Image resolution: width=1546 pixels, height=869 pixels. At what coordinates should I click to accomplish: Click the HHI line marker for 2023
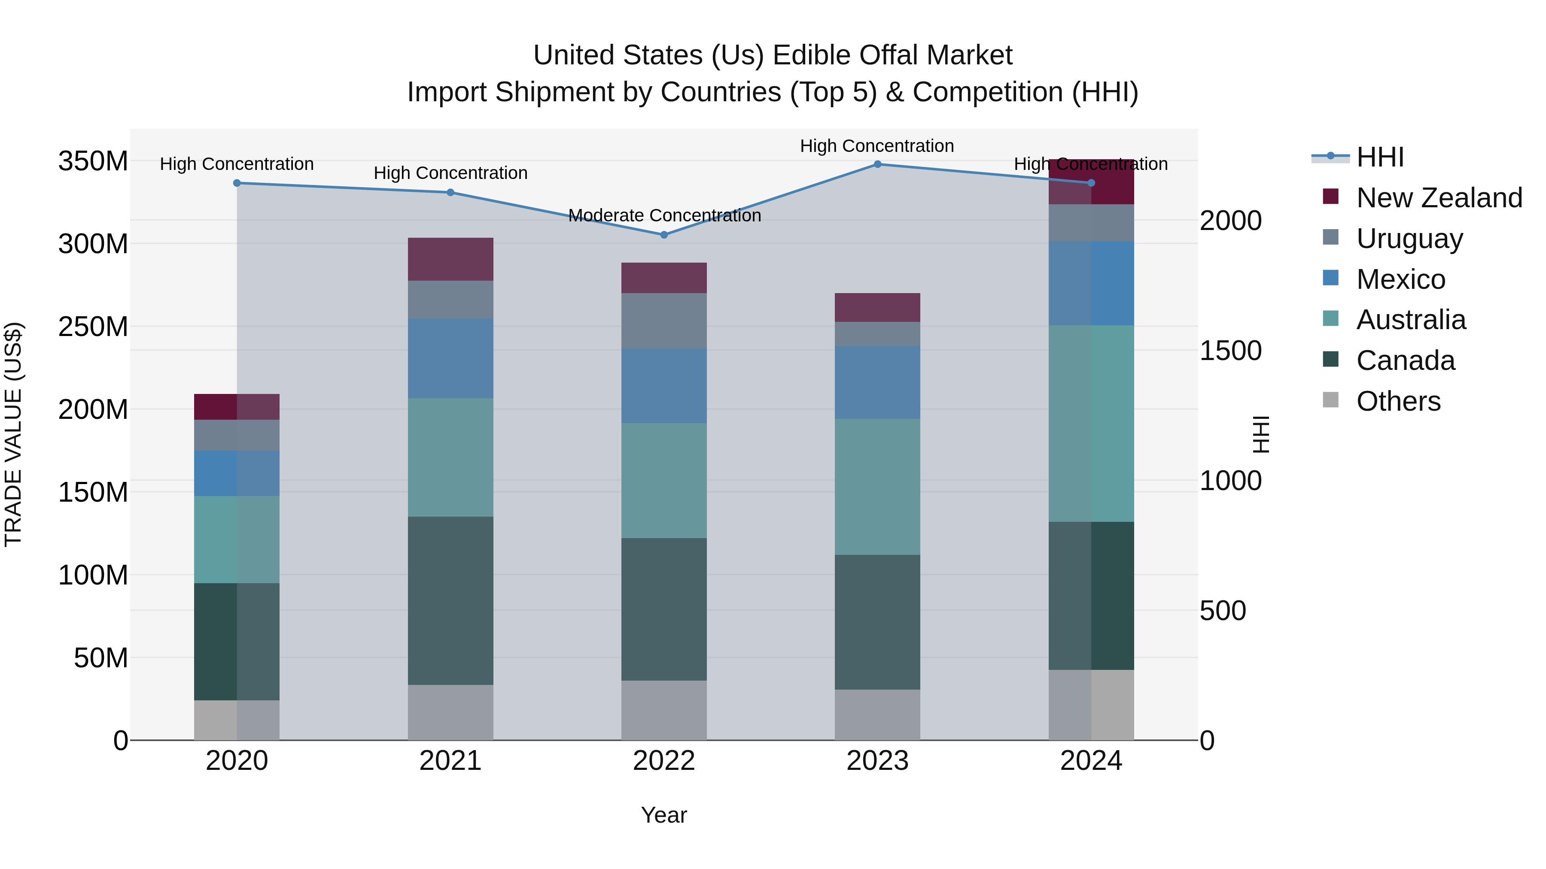pyautogui.click(x=877, y=164)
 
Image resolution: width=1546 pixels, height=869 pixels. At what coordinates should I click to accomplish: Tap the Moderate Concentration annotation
pyautogui.click(x=664, y=215)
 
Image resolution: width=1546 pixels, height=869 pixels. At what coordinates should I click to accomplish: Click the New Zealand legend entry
pyautogui.click(x=1439, y=198)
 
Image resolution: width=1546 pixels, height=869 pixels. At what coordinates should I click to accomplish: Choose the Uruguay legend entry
pyautogui.click(x=1409, y=239)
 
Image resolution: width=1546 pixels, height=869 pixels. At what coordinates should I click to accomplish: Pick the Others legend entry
pyautogui.click(x=1398, y=401)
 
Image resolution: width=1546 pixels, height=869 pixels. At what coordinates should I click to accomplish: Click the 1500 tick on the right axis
pyautogui.click(x=1230, y=351)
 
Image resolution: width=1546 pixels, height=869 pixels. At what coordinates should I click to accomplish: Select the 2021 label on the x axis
pyautogui.click(x=450, y=761)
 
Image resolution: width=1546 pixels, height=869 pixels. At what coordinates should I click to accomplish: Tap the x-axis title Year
pyautogui.click(x=664, y=815)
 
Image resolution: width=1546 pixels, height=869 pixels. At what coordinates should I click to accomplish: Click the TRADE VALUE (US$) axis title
pyautogui.click(x=13, y=434)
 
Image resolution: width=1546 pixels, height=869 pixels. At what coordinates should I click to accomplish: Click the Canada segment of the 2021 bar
pyautogui.click(x=450, y=600)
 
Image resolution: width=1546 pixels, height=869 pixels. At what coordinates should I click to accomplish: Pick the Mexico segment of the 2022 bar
pyautogui.click(x=664, y=386)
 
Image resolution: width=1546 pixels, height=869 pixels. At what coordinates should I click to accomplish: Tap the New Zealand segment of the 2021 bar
pyautogui.click(x=450, y=259)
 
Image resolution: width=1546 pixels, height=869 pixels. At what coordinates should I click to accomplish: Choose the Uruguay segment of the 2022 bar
pyautogui.click(x=664, y=321)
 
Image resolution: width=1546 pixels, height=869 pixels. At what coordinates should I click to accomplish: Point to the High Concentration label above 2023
pyautogui.click(x=877, y=146)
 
